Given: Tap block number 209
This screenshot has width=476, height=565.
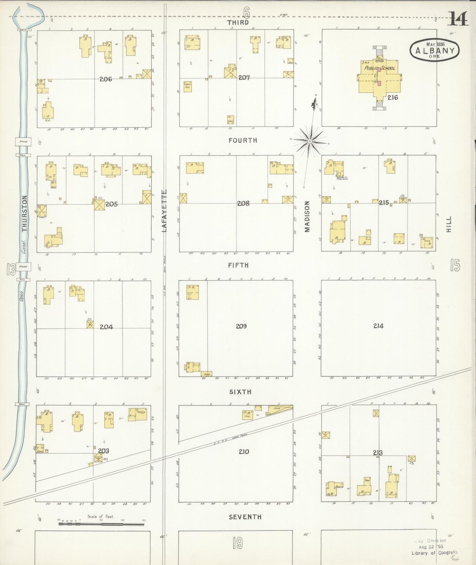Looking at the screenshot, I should coord(241,326).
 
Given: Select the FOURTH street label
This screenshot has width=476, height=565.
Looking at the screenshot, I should coord(243,140).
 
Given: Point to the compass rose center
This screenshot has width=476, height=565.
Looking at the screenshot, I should coord(310,141).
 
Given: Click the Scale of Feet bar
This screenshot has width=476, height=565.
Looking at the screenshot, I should coord(101,523).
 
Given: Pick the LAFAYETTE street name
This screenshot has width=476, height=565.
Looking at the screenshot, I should coord(164,211).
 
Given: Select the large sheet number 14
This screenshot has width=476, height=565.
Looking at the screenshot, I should coord(458,19).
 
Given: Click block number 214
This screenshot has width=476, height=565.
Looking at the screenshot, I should coord(378,326).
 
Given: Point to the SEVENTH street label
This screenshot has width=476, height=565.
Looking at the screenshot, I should coord(245,517).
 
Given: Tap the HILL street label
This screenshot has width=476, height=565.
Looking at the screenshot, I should coord(448,224).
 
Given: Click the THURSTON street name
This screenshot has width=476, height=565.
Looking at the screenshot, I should coord(24,214).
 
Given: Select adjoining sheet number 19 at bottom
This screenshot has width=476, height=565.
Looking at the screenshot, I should coord(238,543).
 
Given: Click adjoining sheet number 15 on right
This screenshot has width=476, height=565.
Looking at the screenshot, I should coord(455,265).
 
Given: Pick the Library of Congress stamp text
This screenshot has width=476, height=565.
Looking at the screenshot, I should coord(434,553).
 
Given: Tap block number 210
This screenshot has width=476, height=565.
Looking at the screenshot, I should coord(244,452).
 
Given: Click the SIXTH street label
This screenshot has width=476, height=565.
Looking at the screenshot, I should coord(240,392).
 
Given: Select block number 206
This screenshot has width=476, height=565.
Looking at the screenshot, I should coord(106,79).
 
